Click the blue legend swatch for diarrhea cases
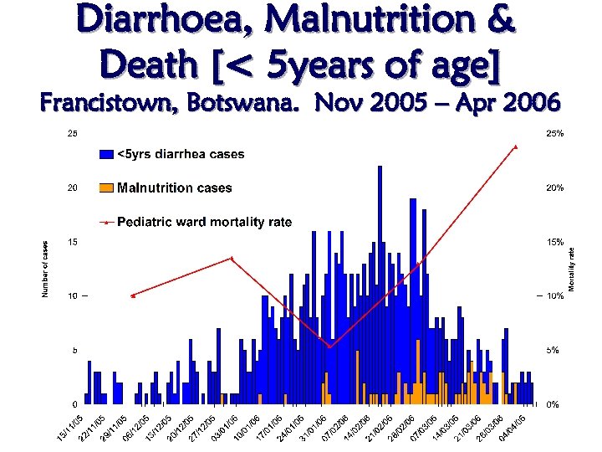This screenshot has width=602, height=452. tap(106, 154)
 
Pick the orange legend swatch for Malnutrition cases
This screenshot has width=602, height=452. tap(106, 187)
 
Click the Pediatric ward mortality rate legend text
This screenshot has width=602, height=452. tap(204, 223)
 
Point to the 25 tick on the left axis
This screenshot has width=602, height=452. tap(73, 133)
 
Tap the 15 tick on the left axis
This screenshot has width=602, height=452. tap(73, 242)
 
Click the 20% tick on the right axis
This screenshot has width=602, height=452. tap(554, 187)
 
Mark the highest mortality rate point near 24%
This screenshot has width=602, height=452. tap(516, 146)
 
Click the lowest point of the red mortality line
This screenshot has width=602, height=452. tap(329, 347)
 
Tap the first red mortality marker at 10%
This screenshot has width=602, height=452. tap(133, 295)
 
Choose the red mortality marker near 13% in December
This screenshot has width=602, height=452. tap(232, 259)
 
